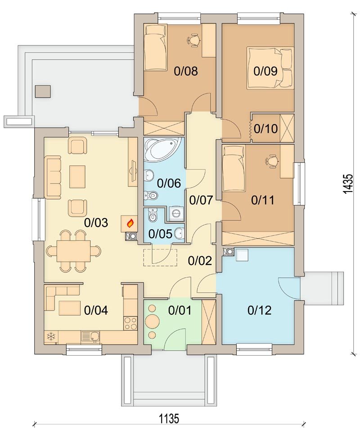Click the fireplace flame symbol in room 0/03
130,223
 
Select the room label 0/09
265,71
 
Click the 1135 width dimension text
169,419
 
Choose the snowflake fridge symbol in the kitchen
51,337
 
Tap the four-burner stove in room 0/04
130,323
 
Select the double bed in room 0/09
270,68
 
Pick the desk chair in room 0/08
193,40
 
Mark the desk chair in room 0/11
271,160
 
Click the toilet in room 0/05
153,216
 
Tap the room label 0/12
260,310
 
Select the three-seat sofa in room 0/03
54,176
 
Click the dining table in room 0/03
73,251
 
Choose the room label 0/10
265,128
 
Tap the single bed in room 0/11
234,169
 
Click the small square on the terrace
43,91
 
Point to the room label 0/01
180,310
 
